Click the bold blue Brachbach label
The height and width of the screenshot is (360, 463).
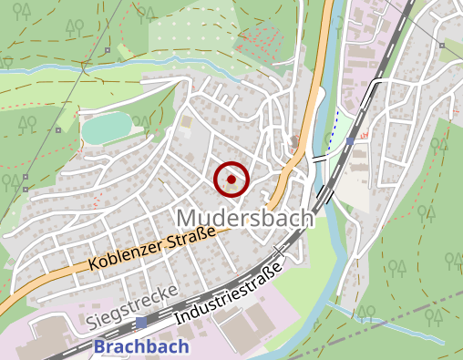[x=141, y=346]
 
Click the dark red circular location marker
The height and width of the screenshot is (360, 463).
[x=231, y=180]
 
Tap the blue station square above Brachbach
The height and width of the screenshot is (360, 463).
[x=142, y=323]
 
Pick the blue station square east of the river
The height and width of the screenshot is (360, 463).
[x=350, y=141]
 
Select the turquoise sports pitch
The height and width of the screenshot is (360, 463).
[x=108, y=130]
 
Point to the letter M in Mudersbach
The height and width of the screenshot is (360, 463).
[x=186, y=218]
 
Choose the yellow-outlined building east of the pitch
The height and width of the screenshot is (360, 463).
[x=187, y=121]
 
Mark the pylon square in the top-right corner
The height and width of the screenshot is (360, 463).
[x=441, y=43]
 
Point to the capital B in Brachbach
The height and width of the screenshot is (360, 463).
[x=100, y=346]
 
